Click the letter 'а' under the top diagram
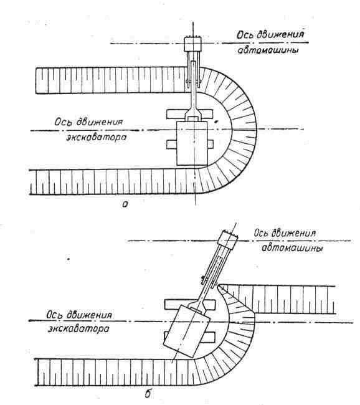coord(125,205)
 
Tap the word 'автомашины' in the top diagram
coord(268,50)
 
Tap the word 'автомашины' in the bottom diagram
coord(292,249)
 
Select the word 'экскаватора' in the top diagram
coord(97,137)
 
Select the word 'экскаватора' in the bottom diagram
coord(78,329)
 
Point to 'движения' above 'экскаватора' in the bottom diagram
coord(89,315)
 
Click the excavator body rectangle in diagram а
coord(192,143)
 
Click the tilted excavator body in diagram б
coord(187,331)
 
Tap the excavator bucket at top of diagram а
coord(192,44)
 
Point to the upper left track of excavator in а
coord(176,113)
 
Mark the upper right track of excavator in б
coord(210,305)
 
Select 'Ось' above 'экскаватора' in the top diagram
coord(63,122)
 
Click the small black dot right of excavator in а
coord(216,121)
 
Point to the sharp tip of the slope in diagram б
coord(219,285)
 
